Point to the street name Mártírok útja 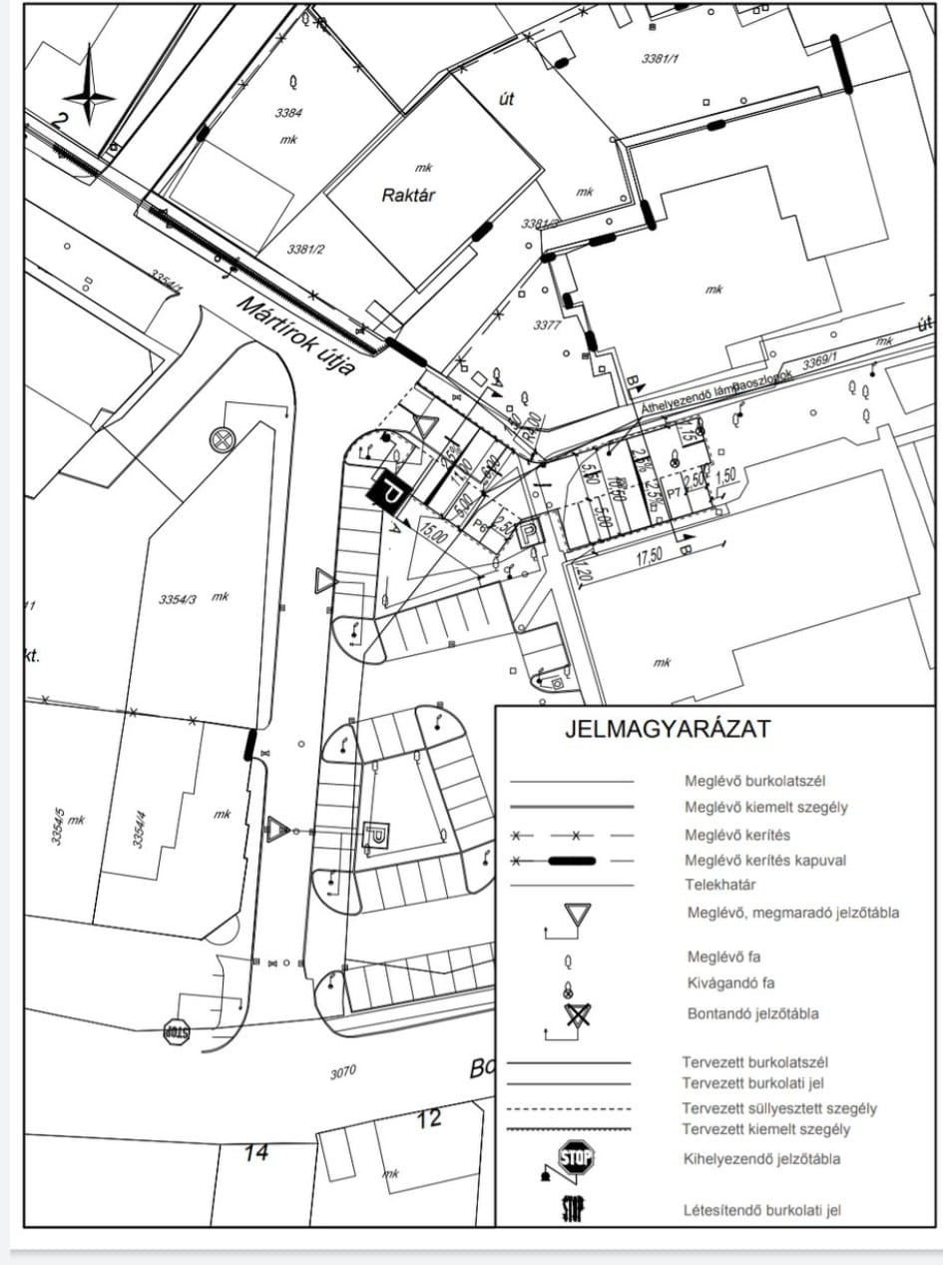[x=296, y=335]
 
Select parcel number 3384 [x=288, y=113]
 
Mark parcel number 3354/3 [x=180, y=599]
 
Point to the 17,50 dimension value [x=649, y=558]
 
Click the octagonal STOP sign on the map [x=176, y=1031]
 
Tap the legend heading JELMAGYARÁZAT [x=668, y=729]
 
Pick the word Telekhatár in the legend [x=718, y=885]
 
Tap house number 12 [x=428, y=1118]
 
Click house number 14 [x=256, y=1152]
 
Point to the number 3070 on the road [x=342, y=1073]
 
